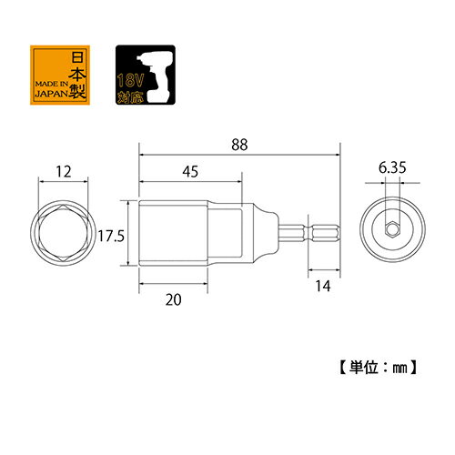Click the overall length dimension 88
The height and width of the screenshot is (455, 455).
239,145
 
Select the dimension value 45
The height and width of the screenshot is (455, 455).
190,171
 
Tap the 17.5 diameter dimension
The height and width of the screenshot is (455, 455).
111,236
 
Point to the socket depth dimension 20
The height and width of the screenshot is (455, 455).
173,299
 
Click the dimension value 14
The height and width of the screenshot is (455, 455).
323,286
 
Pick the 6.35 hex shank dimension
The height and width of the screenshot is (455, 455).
392,167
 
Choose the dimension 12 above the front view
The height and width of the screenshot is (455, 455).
64,172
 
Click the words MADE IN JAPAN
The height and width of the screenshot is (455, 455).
51,89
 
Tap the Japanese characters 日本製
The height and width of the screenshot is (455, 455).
77,75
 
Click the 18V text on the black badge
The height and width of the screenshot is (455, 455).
130,81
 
